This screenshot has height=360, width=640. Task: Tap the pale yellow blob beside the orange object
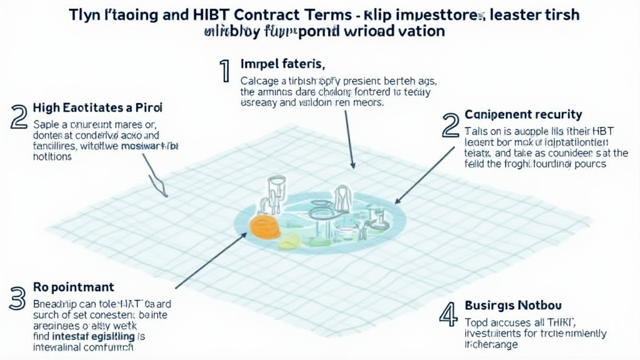tap(289, 241)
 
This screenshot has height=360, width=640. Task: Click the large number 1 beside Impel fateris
tap(223, 72)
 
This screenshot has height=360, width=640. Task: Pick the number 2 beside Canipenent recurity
tap(450, 125)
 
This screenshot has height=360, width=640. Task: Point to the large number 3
tap(17, 298)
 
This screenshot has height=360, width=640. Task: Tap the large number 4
tap(448, 314)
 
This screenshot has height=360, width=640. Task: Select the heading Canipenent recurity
tap(523, 115)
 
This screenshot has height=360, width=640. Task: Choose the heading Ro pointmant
tap(73, 287)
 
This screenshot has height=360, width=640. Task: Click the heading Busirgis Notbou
tap(513, 306)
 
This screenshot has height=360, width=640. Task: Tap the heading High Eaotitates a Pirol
tap(92, 108)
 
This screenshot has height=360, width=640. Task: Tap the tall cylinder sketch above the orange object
tap(275, 190)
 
